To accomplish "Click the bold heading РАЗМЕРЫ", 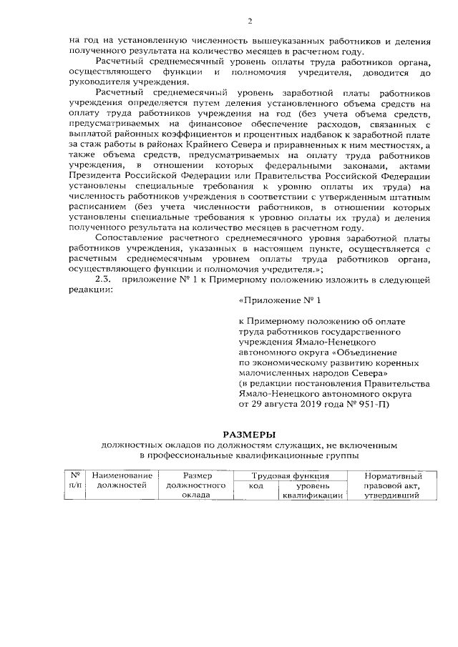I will coord(249,434).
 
